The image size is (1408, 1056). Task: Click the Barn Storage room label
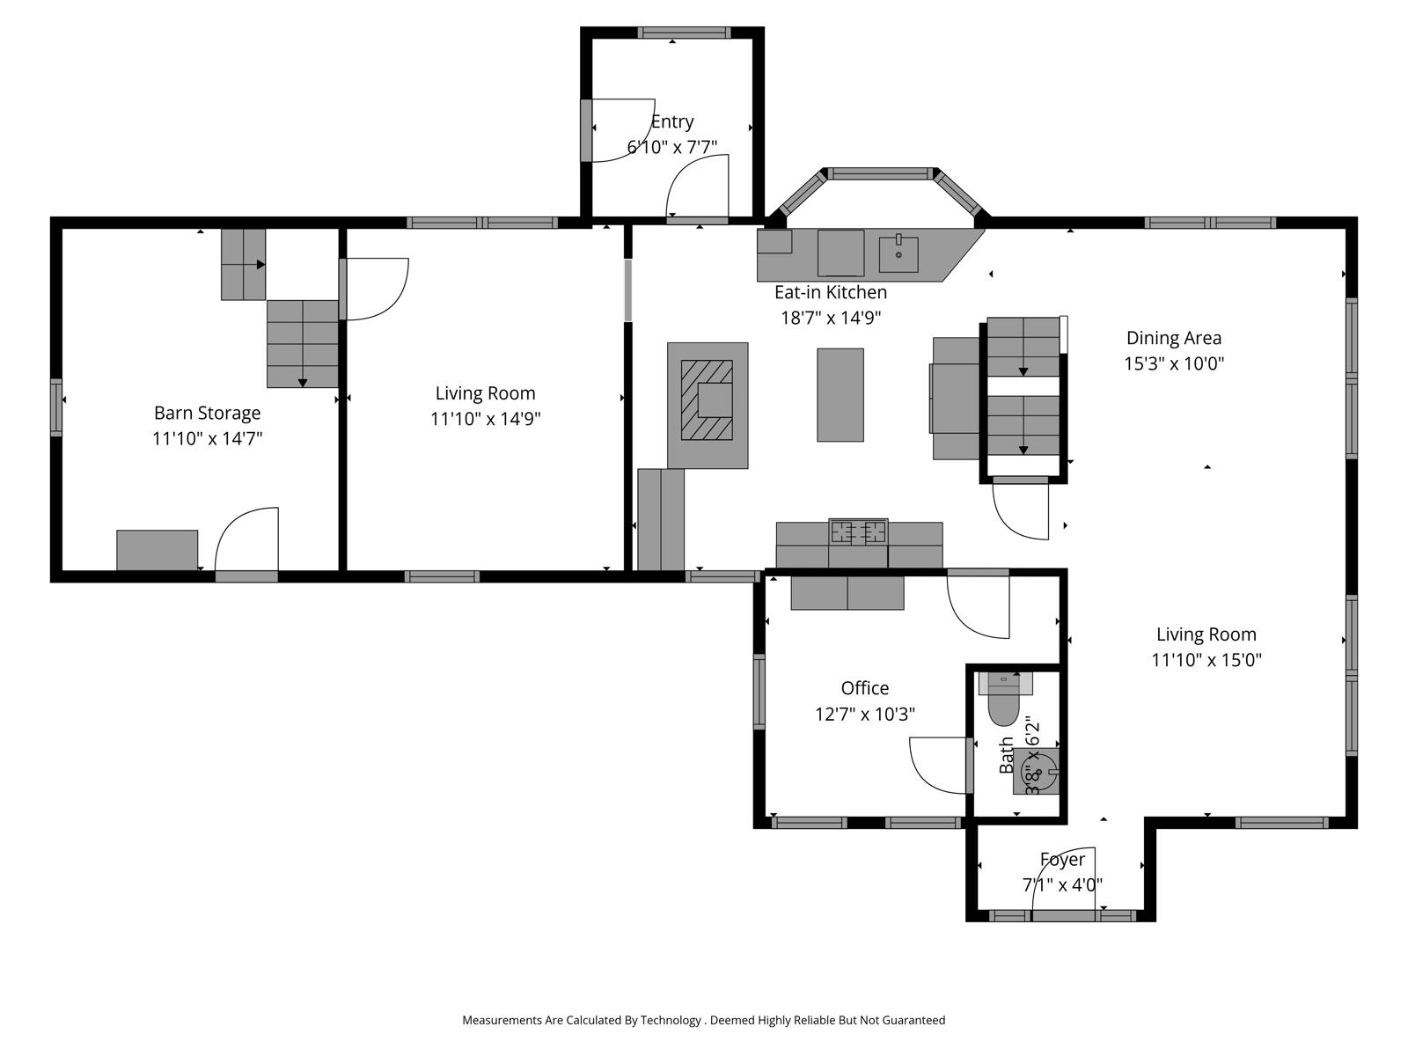[207, 412]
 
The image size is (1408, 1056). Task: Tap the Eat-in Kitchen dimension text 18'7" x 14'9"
[831, 318]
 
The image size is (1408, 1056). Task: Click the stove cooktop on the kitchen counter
[858, 532]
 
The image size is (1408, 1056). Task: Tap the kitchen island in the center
[840, 394]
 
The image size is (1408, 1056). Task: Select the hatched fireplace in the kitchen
[707, 400]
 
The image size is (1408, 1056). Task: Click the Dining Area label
[1174, 338]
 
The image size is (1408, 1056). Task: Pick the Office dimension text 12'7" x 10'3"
[865, 714]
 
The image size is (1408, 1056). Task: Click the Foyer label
[1062, 859]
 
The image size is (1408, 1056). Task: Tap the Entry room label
[672, 121]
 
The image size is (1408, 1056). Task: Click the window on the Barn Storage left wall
[56, 407]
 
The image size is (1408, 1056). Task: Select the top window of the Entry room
[684, 33]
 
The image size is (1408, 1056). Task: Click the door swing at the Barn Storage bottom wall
[246, 539]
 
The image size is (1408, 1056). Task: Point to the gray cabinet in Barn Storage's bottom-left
[158, 550]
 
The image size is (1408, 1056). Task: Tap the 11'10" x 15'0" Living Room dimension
[1206, 660]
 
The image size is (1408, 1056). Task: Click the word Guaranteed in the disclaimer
[913, 1019]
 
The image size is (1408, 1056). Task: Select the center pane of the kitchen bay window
[880, 173]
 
